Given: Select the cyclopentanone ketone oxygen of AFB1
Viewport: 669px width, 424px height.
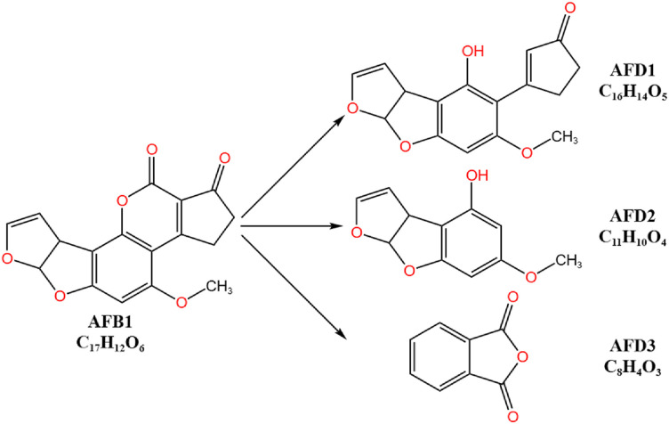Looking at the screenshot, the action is (x=223, y=160).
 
